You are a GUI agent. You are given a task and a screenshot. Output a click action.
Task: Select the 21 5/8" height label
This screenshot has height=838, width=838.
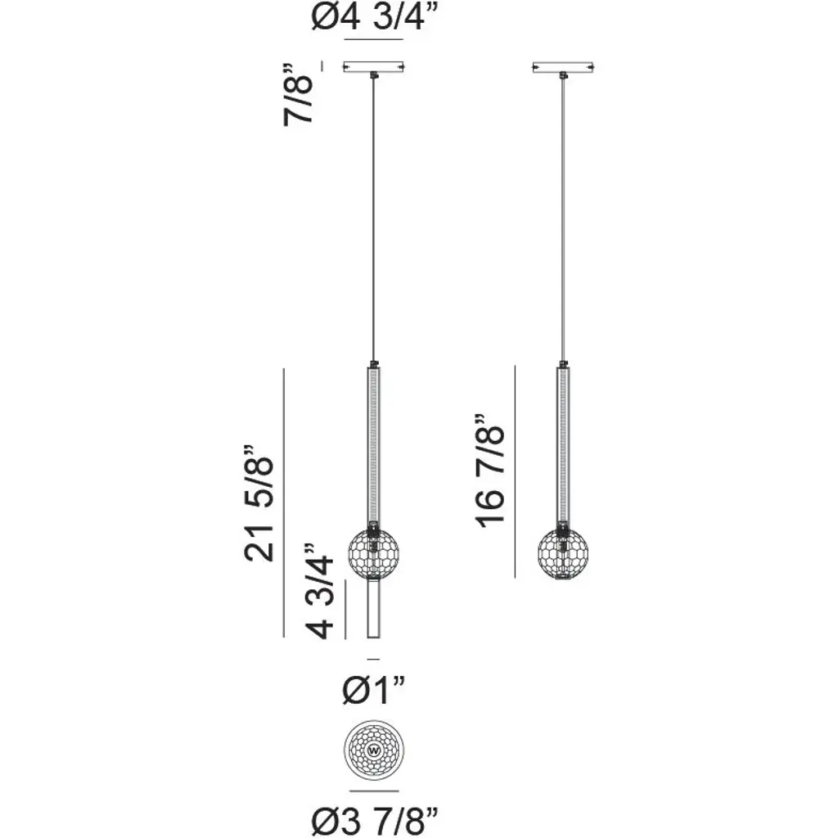(259, 503)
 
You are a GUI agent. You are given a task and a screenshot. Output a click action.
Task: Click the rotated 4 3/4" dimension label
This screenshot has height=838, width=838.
(321, 591)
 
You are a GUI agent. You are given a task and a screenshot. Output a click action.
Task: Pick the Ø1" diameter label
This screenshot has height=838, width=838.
(374, 690)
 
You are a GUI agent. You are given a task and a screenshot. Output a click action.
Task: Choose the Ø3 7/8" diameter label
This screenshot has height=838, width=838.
(375, 822)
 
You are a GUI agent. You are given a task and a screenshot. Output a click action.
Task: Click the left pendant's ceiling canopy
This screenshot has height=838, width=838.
(373, 67)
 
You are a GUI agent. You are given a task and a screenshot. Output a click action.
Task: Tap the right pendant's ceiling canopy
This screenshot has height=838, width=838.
(563, 67)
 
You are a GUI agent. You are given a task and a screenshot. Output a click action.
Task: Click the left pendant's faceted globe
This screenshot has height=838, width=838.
(373, 552)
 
